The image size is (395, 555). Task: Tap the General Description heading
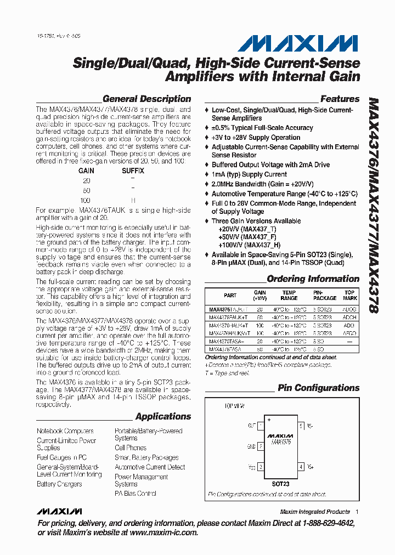pos(146,99)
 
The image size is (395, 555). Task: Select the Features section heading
pos(340,99)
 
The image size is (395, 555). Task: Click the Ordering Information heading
pos(313,279)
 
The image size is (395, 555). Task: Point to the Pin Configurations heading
pos(318,388)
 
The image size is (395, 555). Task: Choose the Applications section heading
pos(163,416)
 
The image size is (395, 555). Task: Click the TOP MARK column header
pos(349,295)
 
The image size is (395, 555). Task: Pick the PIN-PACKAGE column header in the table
pos(325,295)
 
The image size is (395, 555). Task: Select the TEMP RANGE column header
pos(289,295)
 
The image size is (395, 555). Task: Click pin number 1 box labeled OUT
pos(261,426)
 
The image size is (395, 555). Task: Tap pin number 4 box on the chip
pos(301,467)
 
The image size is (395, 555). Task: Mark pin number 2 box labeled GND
pos(261,446)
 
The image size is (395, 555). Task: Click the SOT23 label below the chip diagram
pos(280,484)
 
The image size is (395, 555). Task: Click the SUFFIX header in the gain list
pos(133,171)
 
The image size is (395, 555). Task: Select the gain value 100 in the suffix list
pos(86,200)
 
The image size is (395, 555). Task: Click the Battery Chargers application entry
pos(59,484)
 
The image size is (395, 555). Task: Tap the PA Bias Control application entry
pos(135,494)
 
